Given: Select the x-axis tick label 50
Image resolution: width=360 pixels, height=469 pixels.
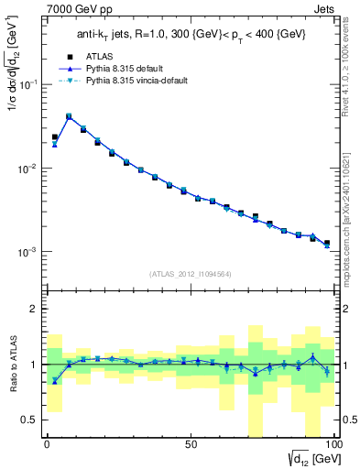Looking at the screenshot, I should coord(190,443).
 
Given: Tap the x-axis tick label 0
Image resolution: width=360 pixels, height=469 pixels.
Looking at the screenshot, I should coord(47,443).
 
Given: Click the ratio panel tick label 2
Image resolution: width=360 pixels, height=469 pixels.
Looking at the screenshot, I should coord(36,309).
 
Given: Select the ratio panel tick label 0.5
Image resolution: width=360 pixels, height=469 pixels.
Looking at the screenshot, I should coord(31,420).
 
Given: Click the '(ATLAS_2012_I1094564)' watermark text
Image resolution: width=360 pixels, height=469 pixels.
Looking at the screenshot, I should coord(190,274).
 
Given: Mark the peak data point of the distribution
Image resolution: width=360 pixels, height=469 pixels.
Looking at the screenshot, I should coord(69,116).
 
